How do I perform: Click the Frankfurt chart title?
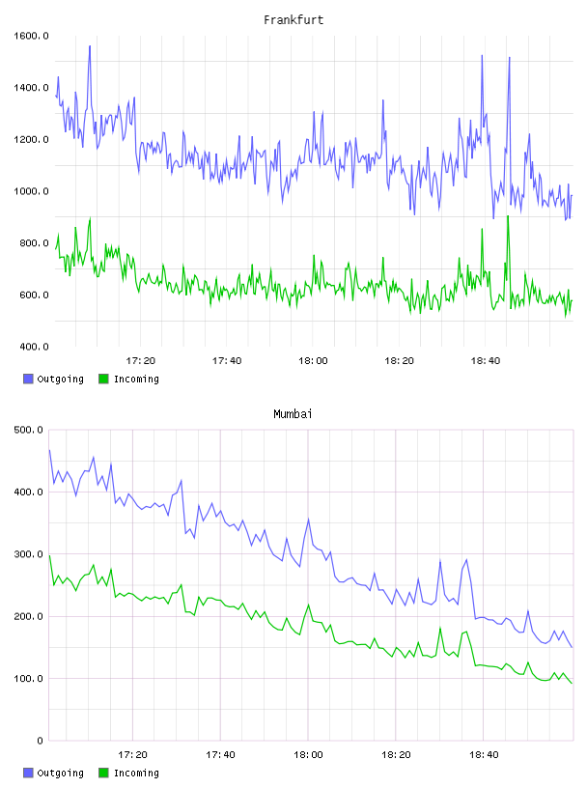[x=293, y=20]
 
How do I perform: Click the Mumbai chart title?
[x=293, y=414]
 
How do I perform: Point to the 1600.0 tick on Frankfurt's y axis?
[x=31, y=36]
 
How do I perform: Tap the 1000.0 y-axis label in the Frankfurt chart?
[x=31, y=191]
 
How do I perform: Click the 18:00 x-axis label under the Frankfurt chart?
[x=313, y=360]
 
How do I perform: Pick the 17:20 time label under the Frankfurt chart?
[x=141, y=360]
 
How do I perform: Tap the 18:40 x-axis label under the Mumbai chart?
[x=484, y=754]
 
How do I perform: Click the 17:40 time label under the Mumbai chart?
[x=220, y=754]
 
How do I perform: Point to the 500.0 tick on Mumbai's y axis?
[x=29, y=430]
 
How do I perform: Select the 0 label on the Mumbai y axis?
[x=41, y=741]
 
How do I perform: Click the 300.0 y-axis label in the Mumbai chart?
[x=29, y=553]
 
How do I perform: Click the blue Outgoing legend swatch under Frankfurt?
[x=28, y=379]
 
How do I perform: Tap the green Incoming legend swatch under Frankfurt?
[x=103, y=379]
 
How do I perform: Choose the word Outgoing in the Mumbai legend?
[x=60, y=773]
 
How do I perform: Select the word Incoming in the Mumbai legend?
[x=136, y=773]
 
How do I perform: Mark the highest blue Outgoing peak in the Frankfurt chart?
[x=90, y=46]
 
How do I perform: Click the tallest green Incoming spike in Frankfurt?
[x=508, y=216]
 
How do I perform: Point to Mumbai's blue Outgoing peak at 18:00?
[x=309, y=520]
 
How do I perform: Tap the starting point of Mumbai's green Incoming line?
[x=49, y=555]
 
